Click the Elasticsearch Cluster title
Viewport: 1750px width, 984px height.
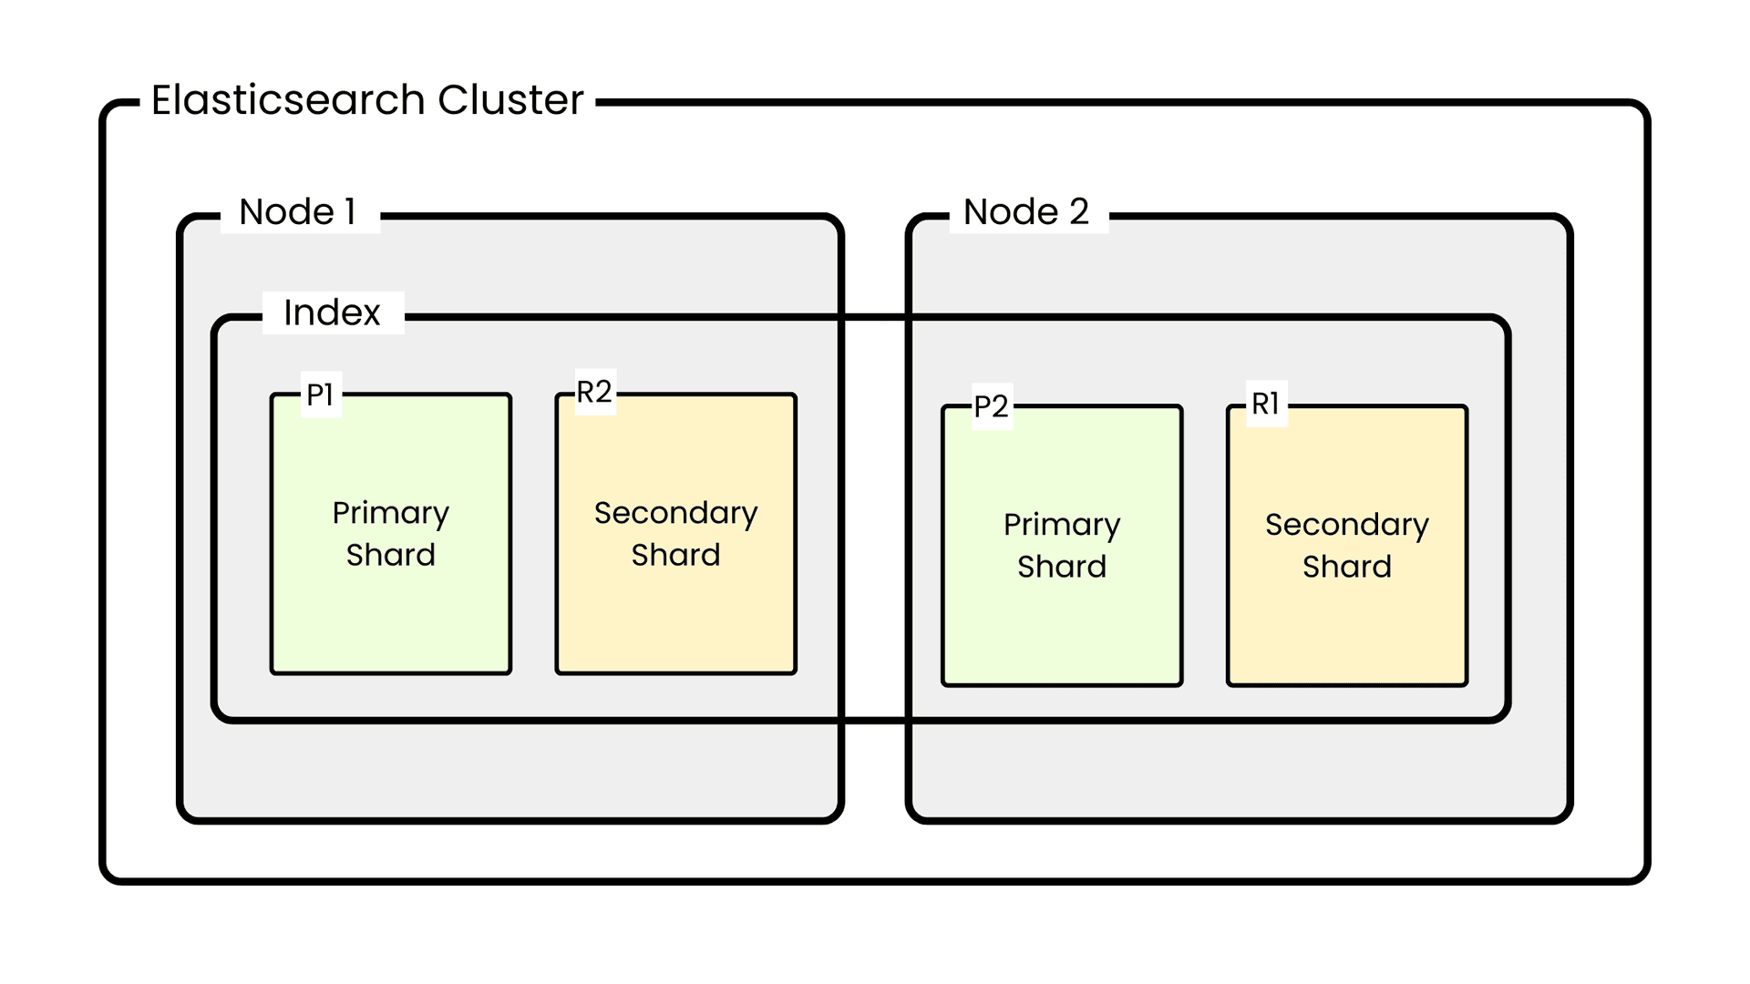coord(366,100)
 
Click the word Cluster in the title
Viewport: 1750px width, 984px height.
coord(510,100)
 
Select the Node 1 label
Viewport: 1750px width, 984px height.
coord(297,212)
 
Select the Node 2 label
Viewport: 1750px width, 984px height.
coord(1026,212)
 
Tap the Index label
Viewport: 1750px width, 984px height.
coord(332,313)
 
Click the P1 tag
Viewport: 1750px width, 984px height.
coord(320,395)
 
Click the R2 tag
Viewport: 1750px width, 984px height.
coord(594,393)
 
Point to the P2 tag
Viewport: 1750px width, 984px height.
coord(991,406)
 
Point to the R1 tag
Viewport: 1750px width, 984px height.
coord(1265,404)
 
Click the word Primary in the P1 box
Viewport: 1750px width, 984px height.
coord(391,514)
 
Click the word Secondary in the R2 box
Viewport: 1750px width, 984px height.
coord(675,513)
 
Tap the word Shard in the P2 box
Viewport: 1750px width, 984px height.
coord(1062,567)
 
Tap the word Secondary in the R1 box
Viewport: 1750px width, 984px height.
coord(1346,525)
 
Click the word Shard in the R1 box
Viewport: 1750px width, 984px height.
coord(1346,567)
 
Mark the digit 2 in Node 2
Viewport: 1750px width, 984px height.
coord(1079,212)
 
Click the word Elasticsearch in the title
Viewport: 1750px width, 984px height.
coord(288,100)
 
